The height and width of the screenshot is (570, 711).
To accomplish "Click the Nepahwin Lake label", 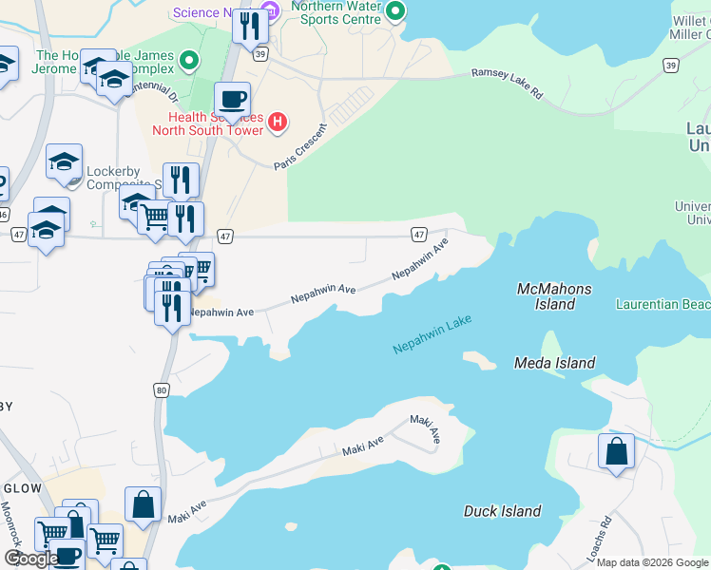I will [432, 336].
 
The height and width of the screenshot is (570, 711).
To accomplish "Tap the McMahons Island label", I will [554, 296].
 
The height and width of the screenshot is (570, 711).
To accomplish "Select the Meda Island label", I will [554, 363].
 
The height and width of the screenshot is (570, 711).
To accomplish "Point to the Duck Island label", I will [502, 511].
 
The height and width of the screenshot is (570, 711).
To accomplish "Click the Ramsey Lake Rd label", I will [508, 83].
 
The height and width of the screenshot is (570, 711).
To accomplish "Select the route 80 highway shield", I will [162, 389].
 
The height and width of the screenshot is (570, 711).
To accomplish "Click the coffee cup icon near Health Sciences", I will [231, 100].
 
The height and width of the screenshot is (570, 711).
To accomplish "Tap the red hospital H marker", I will [278, 121].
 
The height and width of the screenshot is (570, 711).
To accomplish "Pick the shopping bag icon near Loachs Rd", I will [616, 452].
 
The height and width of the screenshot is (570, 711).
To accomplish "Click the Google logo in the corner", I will [31, 559].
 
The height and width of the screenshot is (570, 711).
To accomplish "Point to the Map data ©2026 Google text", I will [652, 562].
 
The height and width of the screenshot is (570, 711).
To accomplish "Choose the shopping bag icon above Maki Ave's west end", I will [143, 504].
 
